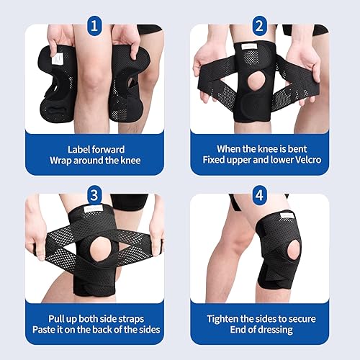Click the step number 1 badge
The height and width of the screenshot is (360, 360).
[x=94, y=27]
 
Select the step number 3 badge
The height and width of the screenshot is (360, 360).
[x=94, y=194]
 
